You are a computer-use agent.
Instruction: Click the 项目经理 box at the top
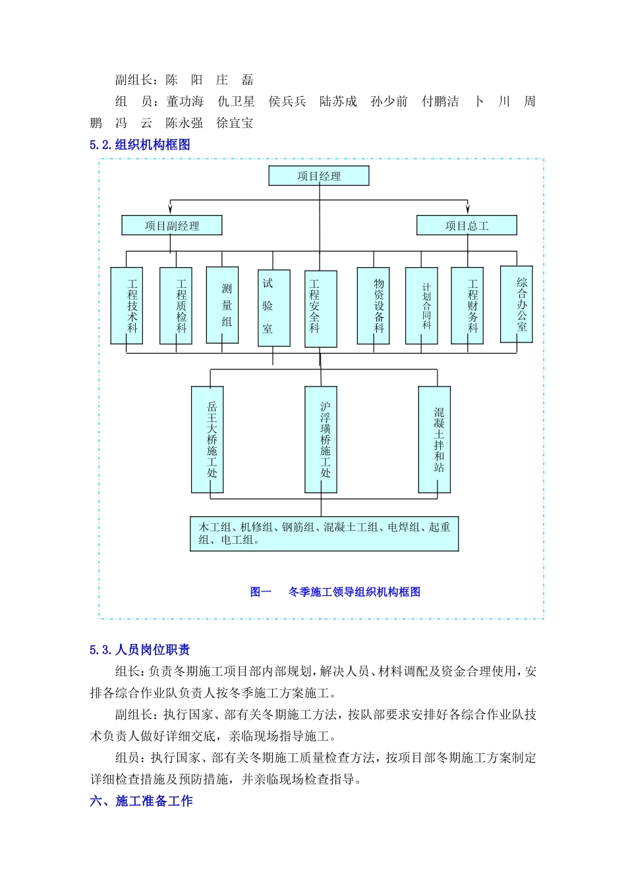(x=319, y=176)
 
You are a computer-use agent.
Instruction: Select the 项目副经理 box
(x=172, y=226)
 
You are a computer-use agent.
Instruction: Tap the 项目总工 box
(x=467, y=226)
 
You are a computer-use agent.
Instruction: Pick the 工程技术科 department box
(x=127, y=306)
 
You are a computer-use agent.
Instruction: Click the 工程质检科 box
(x=176, y=306)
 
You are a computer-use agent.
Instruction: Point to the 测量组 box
(x=223, y=305)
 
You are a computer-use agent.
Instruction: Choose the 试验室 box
(x=273, y=308)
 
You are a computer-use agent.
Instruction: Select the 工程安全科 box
(x=321, y=309)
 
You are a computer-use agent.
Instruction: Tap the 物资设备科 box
(x=373, y=306)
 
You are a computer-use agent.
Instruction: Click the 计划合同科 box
(x=422, y=306)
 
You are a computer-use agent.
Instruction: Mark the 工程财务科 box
(x=467, y=306)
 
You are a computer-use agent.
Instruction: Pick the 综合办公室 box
(x=517, y=304)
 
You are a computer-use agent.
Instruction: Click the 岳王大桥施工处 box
(x=208, y=439)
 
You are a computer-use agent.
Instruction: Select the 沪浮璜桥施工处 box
(x=321, y=439)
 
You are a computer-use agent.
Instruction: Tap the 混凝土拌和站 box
(x=434, y=439)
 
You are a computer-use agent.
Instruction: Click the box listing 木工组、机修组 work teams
(x=324, y=533)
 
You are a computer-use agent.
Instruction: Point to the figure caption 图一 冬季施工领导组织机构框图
(x=335, y=592)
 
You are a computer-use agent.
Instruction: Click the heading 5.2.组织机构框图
(x=140, y=145)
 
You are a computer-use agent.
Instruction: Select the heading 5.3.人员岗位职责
(x=140, y=650)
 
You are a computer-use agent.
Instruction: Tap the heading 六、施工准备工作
(x=141, y=801)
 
